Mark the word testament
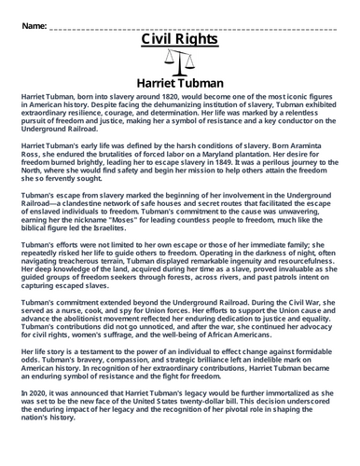pyautogui.click(x=104, y=366)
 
